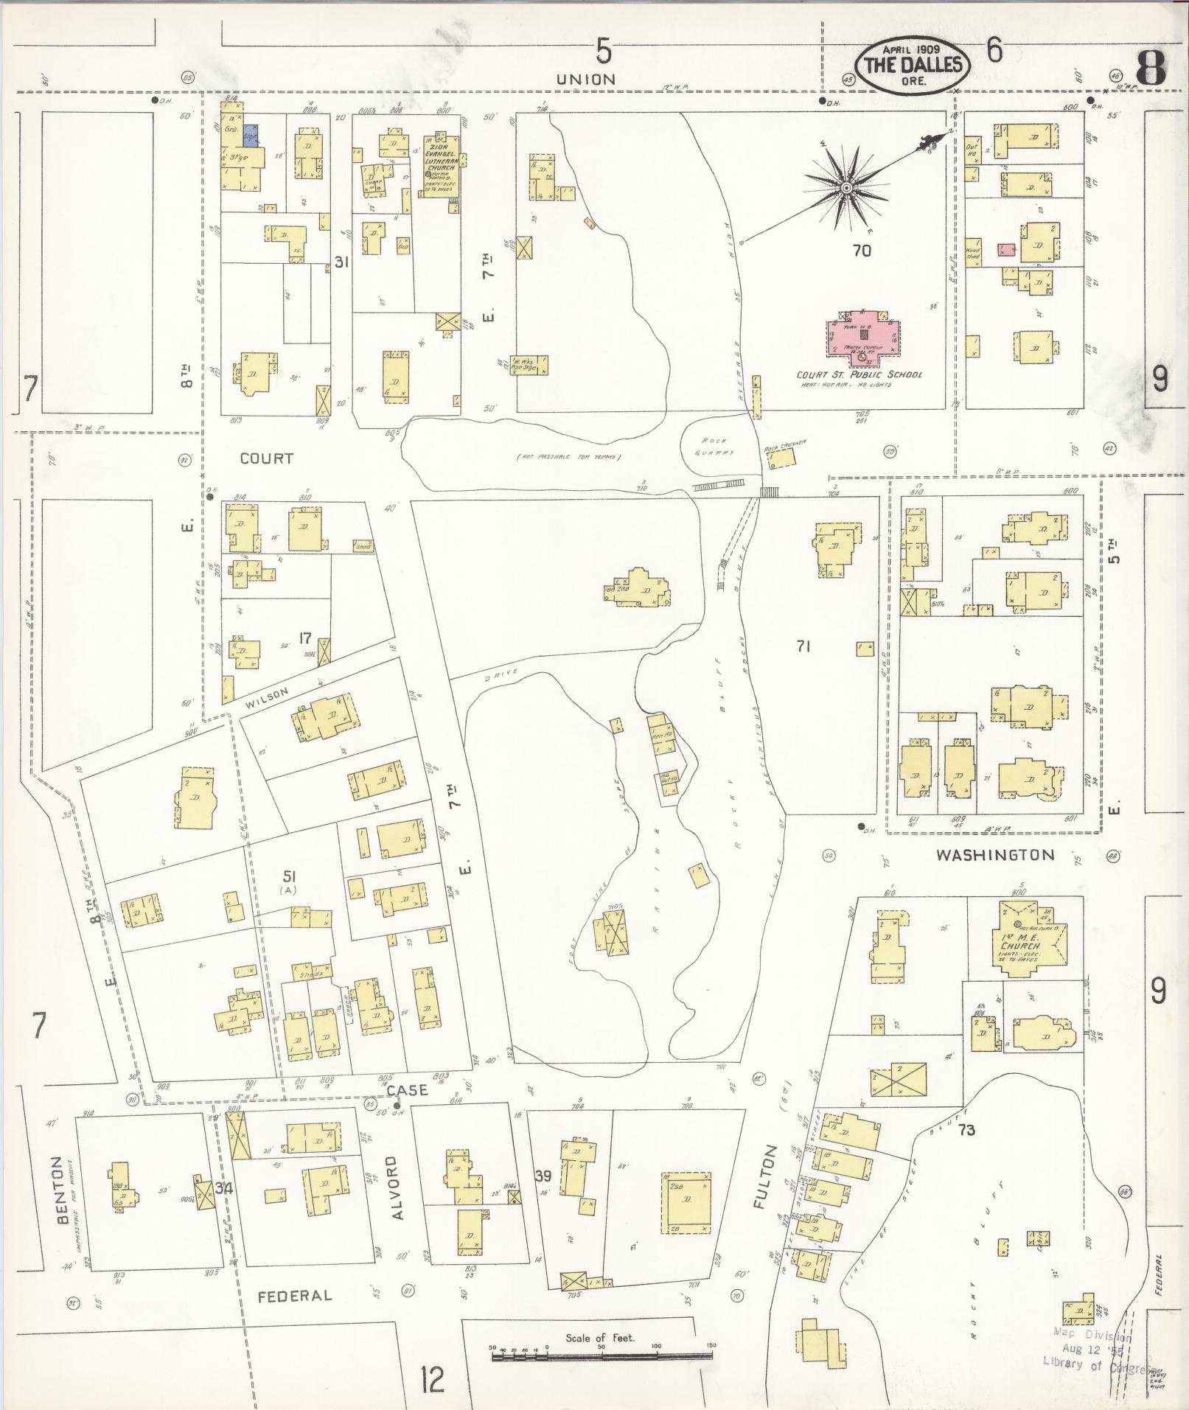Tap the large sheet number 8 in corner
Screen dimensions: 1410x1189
click(x=1150, y=69)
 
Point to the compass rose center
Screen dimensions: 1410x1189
click(x=847, y=189)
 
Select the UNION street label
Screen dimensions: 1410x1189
click(x=585, y=79)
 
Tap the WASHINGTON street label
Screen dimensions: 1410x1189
click(x=995, y=855)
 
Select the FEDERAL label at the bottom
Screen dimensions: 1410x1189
click(x=294, y=1295)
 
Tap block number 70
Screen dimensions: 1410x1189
click(x=861, y=251)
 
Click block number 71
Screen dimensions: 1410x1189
click(x=803, y=646)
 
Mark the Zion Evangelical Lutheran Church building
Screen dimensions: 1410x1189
click(x=440, y=168)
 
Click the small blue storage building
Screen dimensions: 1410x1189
click(x=252, y=136)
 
